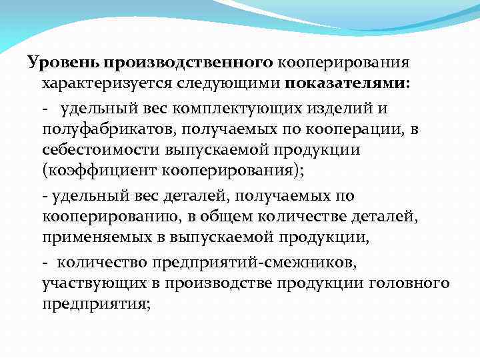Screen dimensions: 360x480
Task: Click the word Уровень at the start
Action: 61,63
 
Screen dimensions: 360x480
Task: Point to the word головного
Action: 409,283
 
